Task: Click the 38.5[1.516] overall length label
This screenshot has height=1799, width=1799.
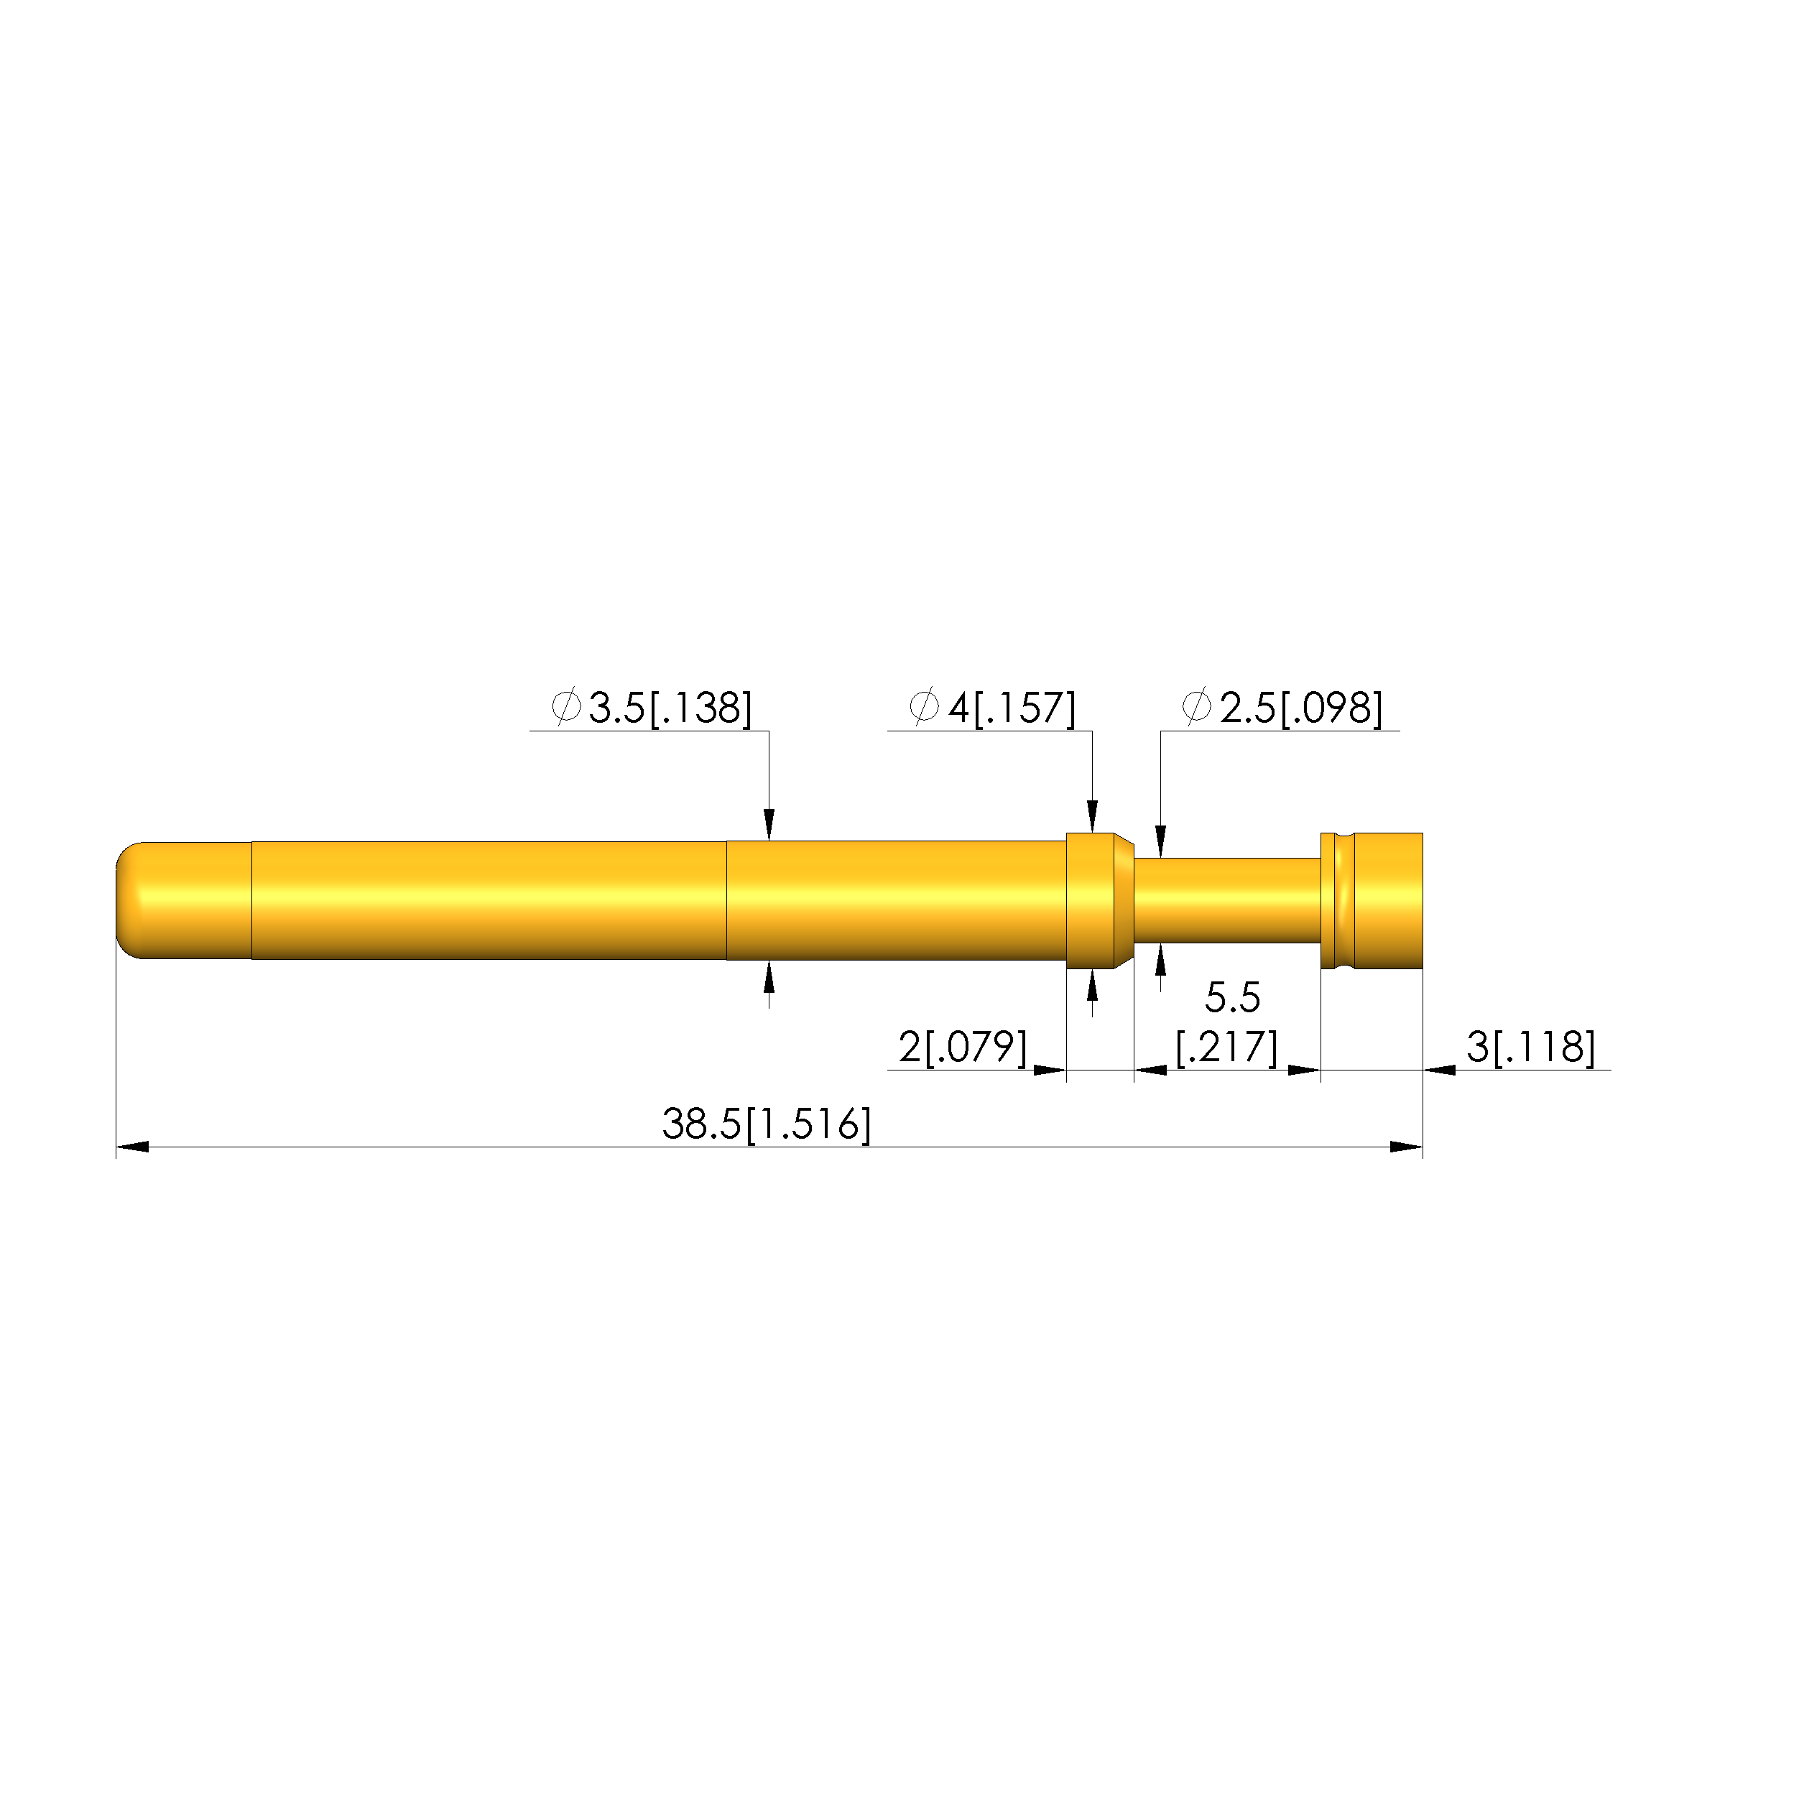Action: pyautogui.click(x=767, y=1124)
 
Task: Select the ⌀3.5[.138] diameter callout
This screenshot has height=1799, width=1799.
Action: pyautogui.click(x=651, y=708)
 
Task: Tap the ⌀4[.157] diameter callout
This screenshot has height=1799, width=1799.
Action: pyautogui.click(x=991, y=708)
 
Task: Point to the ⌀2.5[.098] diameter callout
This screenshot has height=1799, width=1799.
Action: pyautogui.click(x=1282, y=708)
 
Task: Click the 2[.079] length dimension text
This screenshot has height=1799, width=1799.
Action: pyautogui.click(x=963, y=1047)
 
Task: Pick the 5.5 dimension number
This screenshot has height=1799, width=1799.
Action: pyautogui.click(x=1232, y=997)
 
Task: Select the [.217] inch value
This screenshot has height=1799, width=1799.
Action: pyautogui.click(x=1226, y=1047)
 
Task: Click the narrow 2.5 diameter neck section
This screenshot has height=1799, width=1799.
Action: pyautogui.click(x=1226, y=899)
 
